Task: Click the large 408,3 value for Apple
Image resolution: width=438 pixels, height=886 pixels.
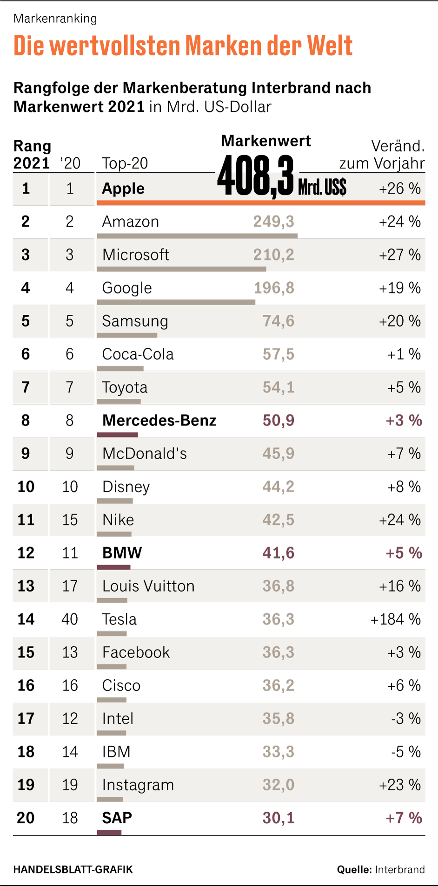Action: tap(256, 176)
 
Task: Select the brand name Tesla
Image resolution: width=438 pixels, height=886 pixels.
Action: tap(119, 619)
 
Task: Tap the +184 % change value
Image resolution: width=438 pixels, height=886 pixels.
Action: tap(395, 619)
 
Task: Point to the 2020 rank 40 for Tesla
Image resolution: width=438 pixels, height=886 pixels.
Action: tap(70, 619)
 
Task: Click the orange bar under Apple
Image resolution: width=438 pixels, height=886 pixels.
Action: tap(261, 203)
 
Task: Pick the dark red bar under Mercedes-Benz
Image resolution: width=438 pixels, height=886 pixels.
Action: tap(118, 435)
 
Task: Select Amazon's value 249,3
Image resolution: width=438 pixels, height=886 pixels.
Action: tap(273, 221)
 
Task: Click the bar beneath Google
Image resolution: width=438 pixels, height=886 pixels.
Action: tap(176, 302)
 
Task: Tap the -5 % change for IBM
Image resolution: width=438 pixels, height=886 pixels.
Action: tap(405, 751)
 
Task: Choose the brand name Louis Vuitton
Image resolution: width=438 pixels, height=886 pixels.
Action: tap(148, 586)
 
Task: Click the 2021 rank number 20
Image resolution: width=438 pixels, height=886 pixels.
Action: tap(26, 818)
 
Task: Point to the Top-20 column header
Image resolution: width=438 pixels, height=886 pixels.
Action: tap(125, 163)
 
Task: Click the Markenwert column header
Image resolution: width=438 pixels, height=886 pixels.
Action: tap(266, 141)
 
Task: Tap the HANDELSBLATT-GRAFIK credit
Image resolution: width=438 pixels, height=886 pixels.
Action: tap(73, 869)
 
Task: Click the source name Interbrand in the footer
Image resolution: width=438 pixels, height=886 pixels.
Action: tap(400, 869)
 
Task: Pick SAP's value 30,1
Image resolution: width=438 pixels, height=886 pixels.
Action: tap(278, 818)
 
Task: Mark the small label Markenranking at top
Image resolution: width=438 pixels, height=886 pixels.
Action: tap(55, 19)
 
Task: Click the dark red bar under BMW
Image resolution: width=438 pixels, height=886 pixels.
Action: tap(114, 567)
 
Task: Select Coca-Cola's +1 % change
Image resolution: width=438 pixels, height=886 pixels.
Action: tap(404, 354)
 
